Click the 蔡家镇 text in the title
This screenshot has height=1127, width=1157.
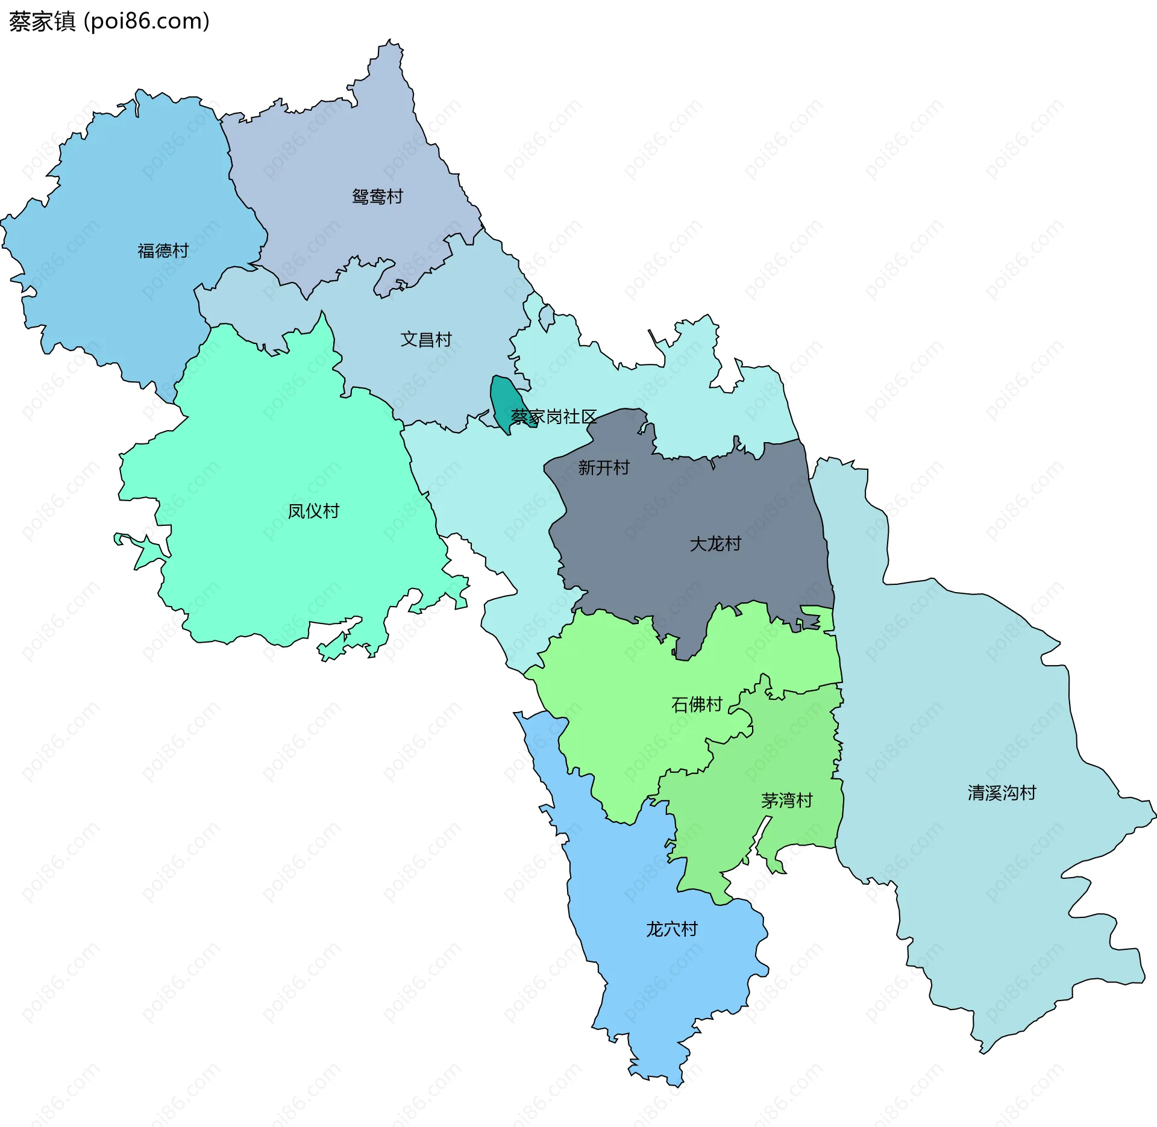tap(42, 22)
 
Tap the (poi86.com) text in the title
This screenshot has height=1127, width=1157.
tap(146, 22)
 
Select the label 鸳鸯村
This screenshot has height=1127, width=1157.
tap(377, 197)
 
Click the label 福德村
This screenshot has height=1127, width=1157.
tap(163, 251)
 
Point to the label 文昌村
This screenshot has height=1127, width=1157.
tap(426, 340)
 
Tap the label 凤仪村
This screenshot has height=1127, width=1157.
tap(313, 511)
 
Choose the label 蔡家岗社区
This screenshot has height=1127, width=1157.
tap(553, 417)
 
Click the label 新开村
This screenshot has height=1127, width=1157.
tap(603, 467)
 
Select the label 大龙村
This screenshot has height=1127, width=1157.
tap(715, 544)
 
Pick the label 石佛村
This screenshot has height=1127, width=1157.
tap(697, 704)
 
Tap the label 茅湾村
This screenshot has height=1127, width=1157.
tap(786, 801)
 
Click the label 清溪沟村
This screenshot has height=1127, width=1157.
tap(1002, 793)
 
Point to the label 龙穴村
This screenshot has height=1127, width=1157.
tap(671, 929)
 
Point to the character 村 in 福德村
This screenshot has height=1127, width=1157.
tap(180, 251)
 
